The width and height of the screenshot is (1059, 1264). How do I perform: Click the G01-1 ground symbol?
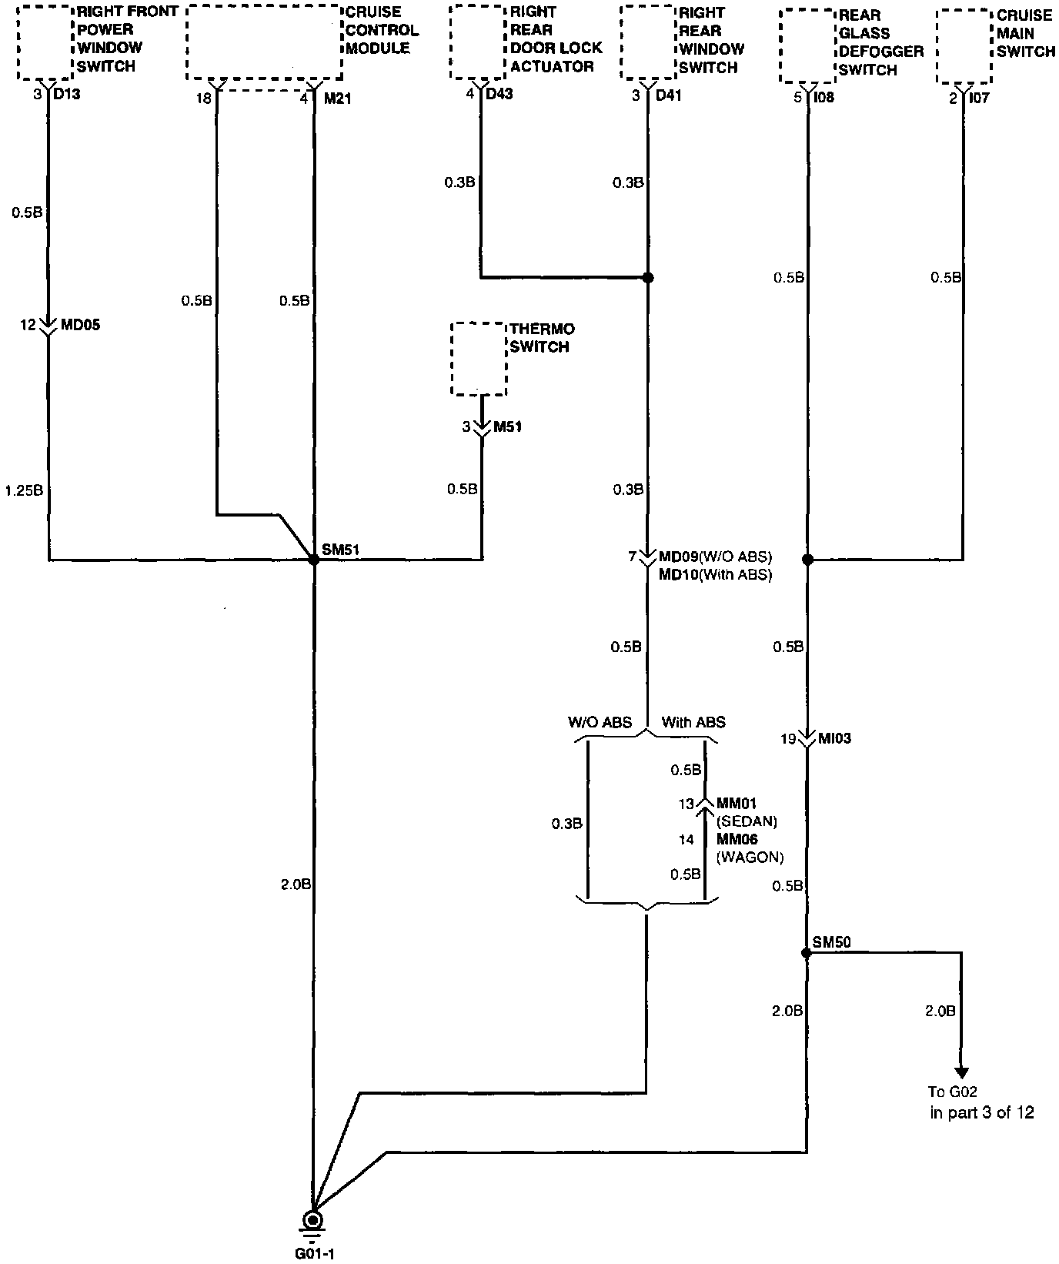312,1221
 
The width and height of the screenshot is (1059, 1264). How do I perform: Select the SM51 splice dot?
313,560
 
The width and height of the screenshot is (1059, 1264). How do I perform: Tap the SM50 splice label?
831,941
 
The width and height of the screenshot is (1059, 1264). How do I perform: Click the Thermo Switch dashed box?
479,359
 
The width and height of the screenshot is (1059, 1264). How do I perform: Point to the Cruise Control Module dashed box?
264,42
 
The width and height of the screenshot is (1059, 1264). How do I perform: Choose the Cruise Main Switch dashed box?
964,46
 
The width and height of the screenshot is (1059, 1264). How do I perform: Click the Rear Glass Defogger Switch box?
807,46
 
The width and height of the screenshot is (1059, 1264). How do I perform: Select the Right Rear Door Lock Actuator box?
477,42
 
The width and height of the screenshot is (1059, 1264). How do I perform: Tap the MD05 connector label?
80,325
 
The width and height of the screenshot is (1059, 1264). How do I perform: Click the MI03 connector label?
836,739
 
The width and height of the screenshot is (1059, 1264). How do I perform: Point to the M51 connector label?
507,426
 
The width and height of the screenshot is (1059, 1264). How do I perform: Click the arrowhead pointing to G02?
961,1072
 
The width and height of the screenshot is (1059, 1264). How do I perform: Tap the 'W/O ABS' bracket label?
600,722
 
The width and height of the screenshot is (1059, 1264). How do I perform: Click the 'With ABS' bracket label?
693,722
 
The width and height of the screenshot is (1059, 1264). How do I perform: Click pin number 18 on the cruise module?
204,99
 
